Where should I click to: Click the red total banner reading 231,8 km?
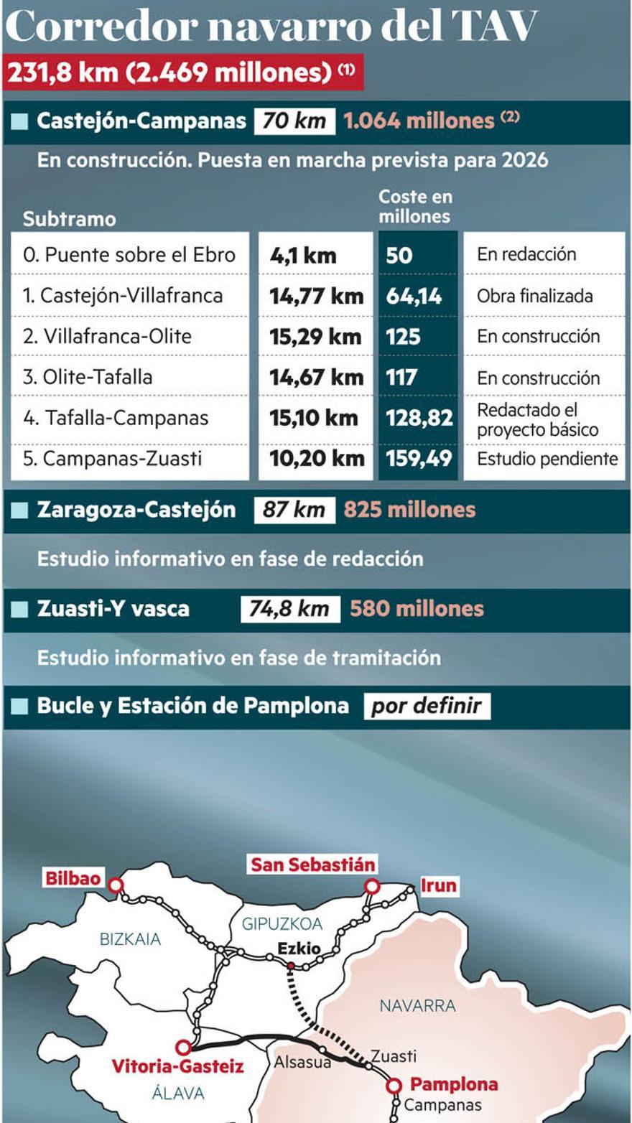coord(182,73)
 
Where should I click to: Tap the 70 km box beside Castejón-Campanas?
coord(294,121)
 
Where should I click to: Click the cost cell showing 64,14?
coord(414,296)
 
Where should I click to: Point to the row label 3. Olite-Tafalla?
coord(88,377)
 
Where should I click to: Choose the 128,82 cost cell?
coord(419,418)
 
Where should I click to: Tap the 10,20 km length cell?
coord(317,459)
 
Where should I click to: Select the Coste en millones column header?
coord(414,207)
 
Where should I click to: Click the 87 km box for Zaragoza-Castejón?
coord(294,510)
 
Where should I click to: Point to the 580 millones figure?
coord(417,609)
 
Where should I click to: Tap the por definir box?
coord(427,706)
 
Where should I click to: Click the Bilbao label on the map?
coord(73,877)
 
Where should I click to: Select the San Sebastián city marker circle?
coord(372,887)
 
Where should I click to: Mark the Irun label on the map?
coord(438,885)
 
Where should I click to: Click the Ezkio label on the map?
coord(299,948)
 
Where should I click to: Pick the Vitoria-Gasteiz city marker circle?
coord(184,1048)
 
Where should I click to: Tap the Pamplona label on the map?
coord(453,1084)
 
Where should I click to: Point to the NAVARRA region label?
coord(418,1005)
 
